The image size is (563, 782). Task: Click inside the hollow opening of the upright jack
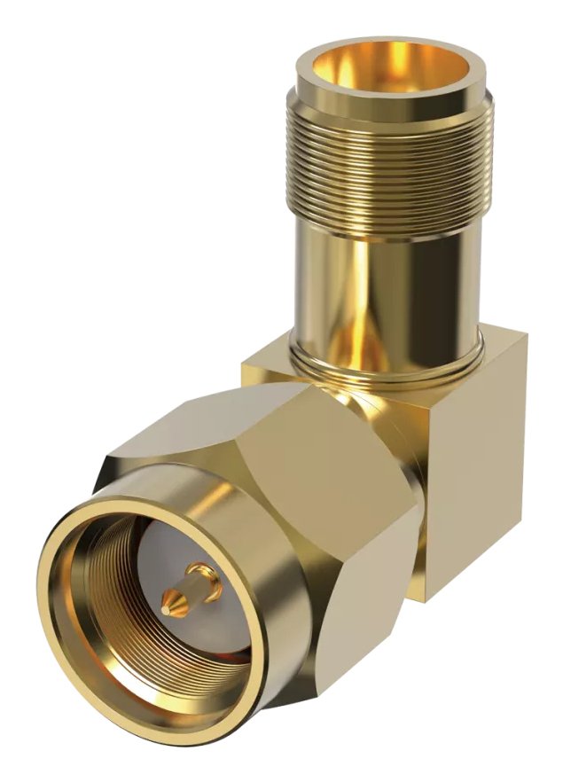(390, 66)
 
